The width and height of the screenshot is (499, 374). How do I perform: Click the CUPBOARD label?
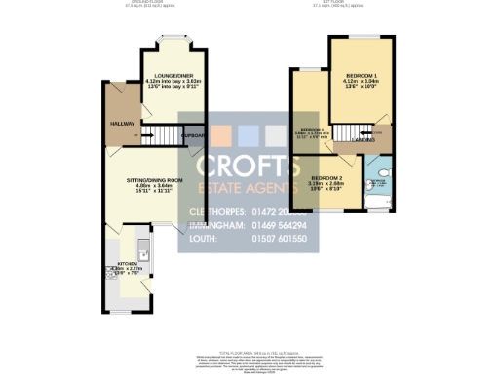(x=193, y=135)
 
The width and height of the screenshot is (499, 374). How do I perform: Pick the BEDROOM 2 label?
(x=326, y=177)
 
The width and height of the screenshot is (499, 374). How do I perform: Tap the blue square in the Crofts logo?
(x=249, y=135)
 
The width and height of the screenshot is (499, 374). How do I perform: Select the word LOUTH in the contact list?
(x=202, y=238)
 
